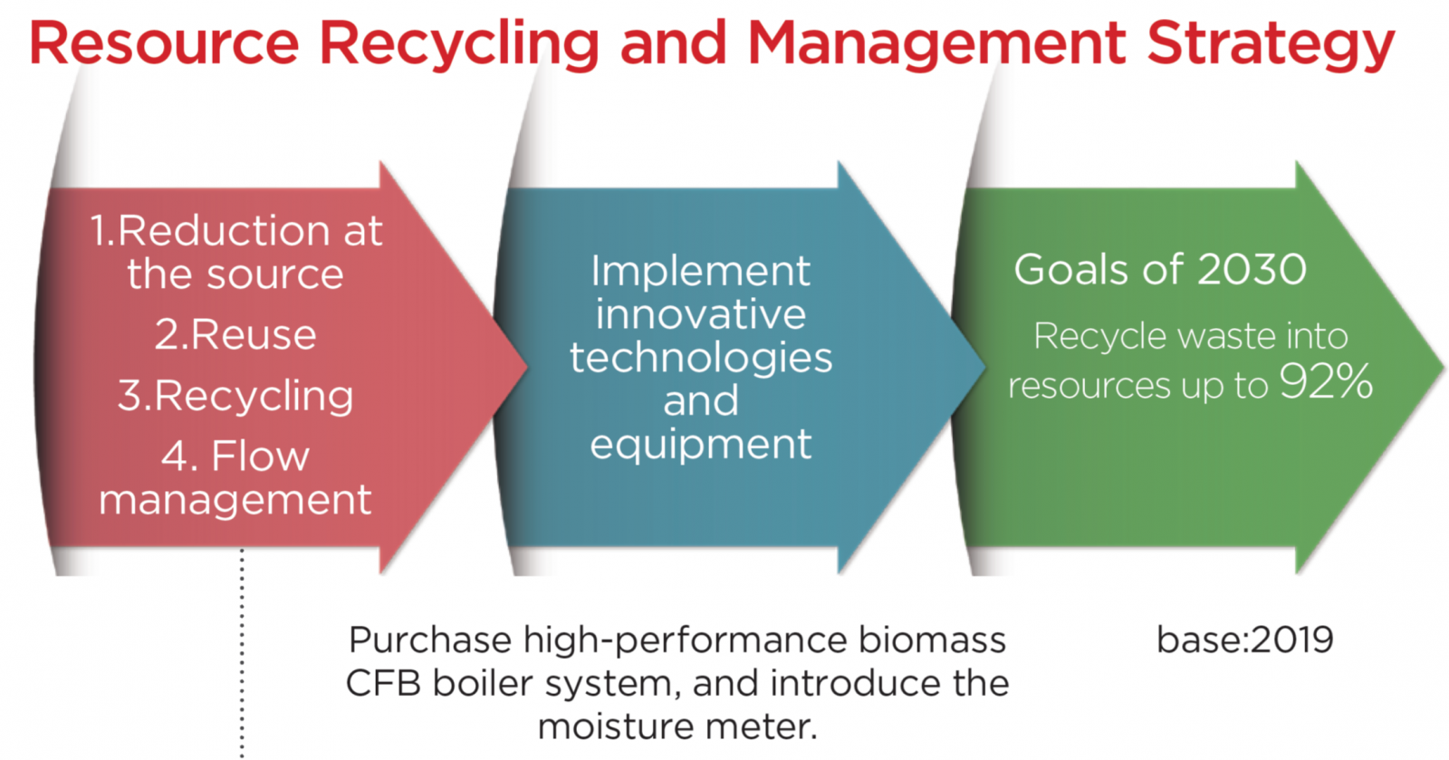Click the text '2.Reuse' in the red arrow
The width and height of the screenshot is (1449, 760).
[x=235, y=334]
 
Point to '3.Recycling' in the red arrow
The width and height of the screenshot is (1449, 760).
[x=235, y=396]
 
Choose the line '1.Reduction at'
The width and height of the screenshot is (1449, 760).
[x=236, y=230]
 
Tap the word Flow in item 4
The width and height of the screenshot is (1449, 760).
[x=261, y=456]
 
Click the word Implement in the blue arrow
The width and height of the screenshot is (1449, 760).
[x=701, y=272]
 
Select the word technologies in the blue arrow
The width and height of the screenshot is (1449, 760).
[x=701, y=358]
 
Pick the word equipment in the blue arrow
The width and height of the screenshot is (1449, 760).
[x=701, y=446]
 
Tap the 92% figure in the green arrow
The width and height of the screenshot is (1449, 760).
[x=1326, y=381]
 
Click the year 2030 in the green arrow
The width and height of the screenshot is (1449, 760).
[x=1252, y=269]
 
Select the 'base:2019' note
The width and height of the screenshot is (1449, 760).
[x=1244, y=640]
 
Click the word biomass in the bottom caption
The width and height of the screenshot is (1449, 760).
[x=932, y=640]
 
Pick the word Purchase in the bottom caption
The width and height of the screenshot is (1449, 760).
[x=430, y=640]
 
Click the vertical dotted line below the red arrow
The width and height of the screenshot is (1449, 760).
[x=242, y=653]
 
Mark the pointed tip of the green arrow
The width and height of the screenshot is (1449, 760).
[x=1443, y=368]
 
